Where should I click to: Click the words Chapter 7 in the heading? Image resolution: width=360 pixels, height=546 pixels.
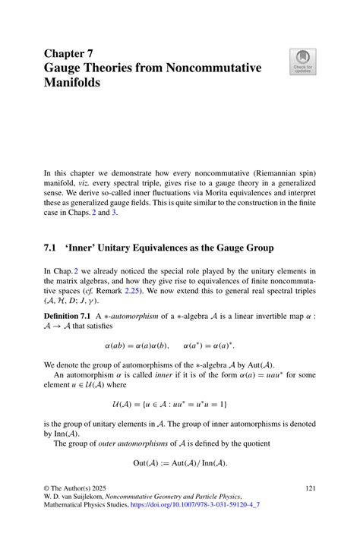point(70,54)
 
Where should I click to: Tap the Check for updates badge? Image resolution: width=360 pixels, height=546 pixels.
point(302,63)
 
